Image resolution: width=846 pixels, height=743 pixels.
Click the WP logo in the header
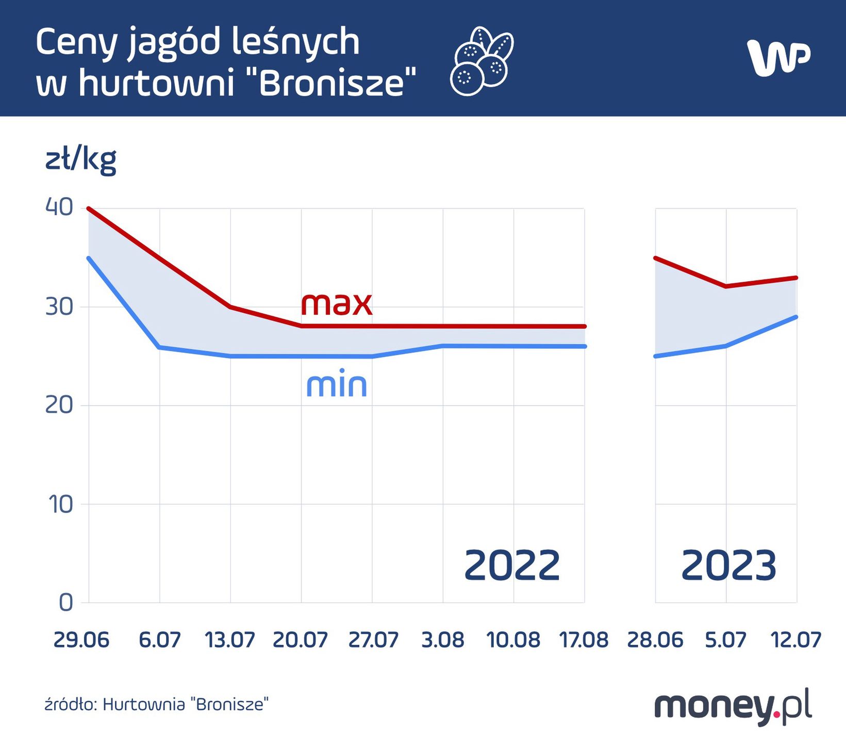point(778,58)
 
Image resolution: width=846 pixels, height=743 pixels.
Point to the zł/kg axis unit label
point(81,160)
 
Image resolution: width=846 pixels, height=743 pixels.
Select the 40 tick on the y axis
point(59,207)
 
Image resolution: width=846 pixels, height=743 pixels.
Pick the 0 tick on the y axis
point(66,602)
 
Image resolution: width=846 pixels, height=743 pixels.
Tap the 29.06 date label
point(81,640)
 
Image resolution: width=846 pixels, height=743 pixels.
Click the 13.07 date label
point(230,640)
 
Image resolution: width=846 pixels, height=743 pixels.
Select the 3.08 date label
point(442,640)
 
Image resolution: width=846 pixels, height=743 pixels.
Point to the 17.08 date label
point(584,640)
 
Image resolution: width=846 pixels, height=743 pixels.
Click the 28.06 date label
point(655,640)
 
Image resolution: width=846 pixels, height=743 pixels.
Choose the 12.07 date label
point(795,640)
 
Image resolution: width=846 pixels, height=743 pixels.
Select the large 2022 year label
point(512,566)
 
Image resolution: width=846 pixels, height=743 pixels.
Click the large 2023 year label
point(728,566)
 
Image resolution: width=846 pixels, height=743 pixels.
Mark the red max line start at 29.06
point(89,208)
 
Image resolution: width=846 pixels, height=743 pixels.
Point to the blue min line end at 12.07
point(796,317)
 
